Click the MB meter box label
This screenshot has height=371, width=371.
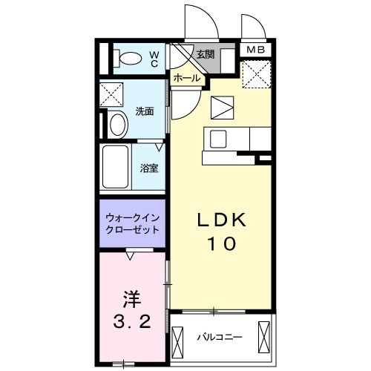(256, 50)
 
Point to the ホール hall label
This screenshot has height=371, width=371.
(185, 77)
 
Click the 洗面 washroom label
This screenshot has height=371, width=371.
(144, 111)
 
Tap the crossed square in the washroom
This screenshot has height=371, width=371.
(113, 94)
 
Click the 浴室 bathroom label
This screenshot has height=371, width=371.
(149, 168)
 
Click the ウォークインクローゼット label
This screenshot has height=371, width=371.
(132, 224)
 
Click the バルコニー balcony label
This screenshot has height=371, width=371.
(220, 337)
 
